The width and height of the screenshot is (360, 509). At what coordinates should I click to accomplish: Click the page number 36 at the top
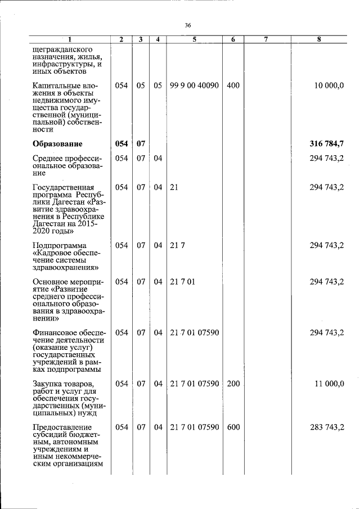pos(188,25)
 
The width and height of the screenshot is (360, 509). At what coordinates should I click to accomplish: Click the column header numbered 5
pos(194,39)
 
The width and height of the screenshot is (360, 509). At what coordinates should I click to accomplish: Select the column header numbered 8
pos(319,39)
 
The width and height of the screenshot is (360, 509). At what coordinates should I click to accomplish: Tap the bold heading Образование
pos(57,143)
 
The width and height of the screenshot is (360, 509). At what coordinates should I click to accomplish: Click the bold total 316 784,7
pos(327,143)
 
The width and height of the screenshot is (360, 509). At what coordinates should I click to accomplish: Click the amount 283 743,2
pos(327,427)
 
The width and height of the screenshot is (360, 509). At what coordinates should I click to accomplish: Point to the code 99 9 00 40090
pos(194,85)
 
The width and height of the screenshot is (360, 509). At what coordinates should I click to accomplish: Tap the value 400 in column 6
pos(233,85)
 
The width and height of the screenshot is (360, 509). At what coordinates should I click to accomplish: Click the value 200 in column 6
pos(233,384)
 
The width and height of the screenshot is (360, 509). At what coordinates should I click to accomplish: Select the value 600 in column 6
pos(233,427)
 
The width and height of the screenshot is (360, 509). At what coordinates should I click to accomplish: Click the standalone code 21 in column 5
pos(174,187)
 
